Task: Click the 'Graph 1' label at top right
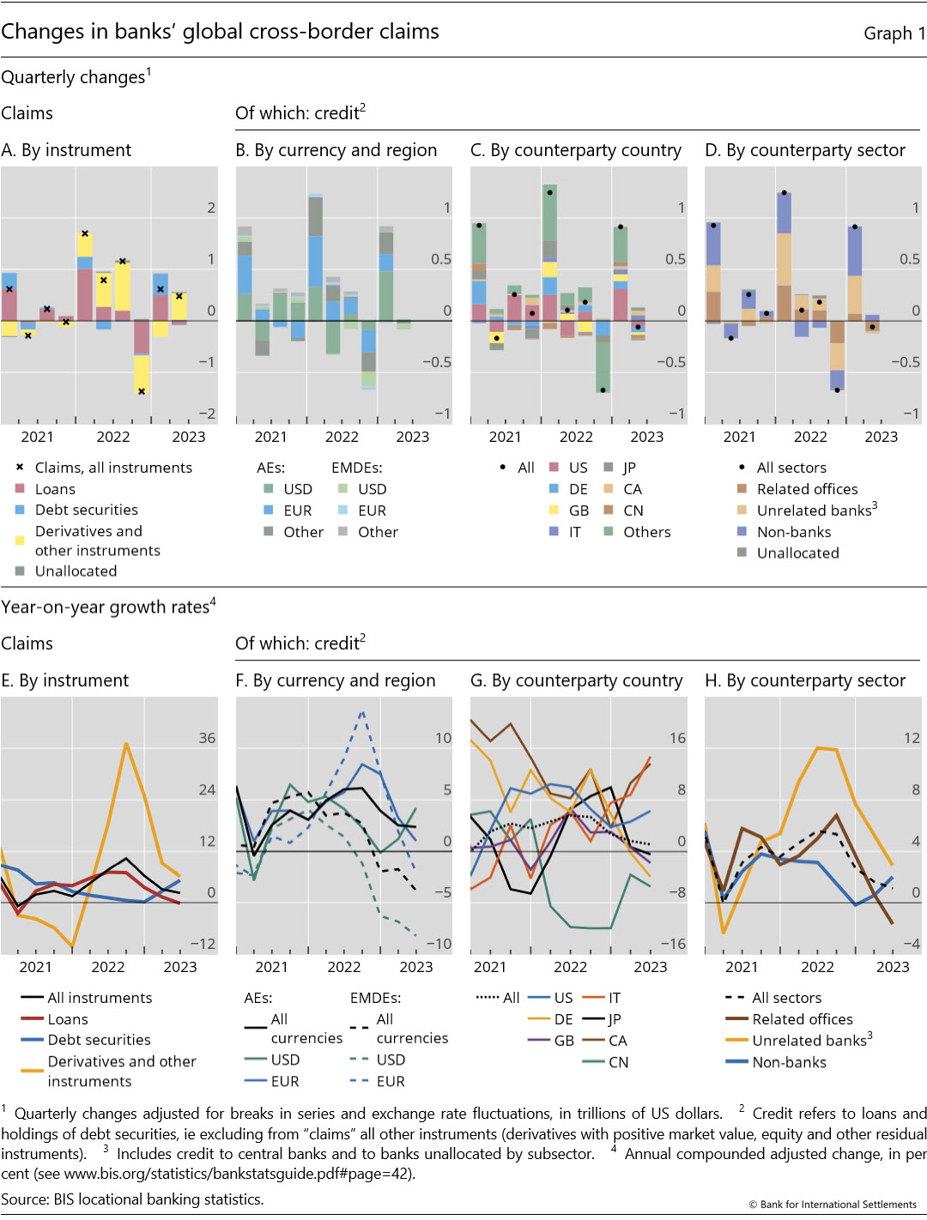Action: coord(894,33)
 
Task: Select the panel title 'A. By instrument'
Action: coord(66,150)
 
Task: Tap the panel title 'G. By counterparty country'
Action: coord(576,680)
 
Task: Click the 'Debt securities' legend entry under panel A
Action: coord(86,510)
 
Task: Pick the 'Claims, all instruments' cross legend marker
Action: coord(20,468)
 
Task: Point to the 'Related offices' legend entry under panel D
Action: coord(807,489)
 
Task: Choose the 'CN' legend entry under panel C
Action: coord(633,510)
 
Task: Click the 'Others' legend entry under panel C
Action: coord(646,532)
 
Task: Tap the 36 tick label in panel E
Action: coord(207,738)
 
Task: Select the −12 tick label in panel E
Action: coord(203,944)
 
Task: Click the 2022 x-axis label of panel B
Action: coord(342,437)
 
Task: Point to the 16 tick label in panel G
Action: coord(677,738)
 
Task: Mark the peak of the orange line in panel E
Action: coord(126,744)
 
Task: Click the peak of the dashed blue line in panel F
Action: coord(362,711)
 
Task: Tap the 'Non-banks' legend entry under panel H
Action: coord(789,1062)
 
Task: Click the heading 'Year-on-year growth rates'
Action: coord(105,607)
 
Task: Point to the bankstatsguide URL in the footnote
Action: coord(239,1174)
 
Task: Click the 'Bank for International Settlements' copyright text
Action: coord(838,1205)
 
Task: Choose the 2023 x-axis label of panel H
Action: coord(892,967)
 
